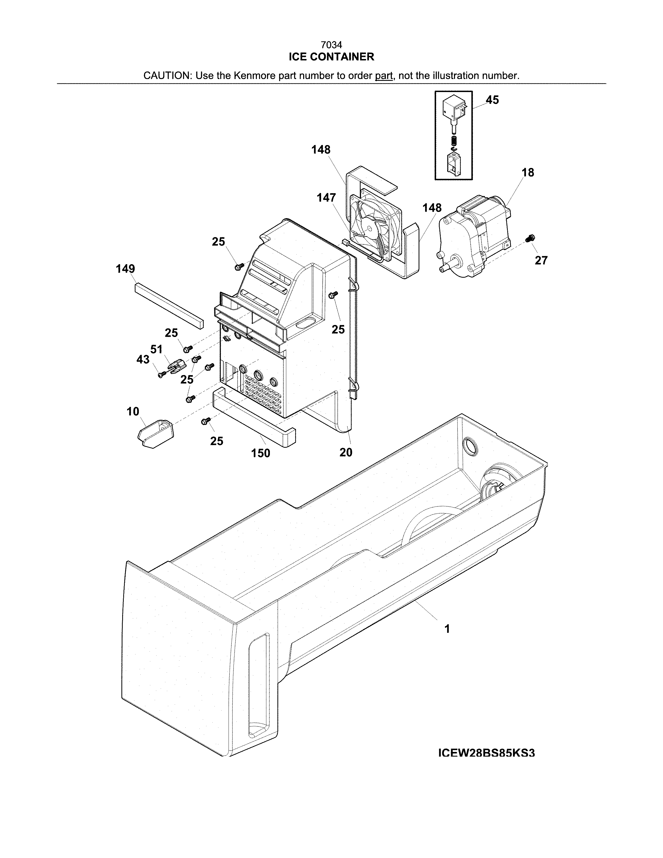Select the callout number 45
pos(492,100)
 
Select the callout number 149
pos(125,269)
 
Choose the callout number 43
pos(143,360)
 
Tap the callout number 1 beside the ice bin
pos(447,629)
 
